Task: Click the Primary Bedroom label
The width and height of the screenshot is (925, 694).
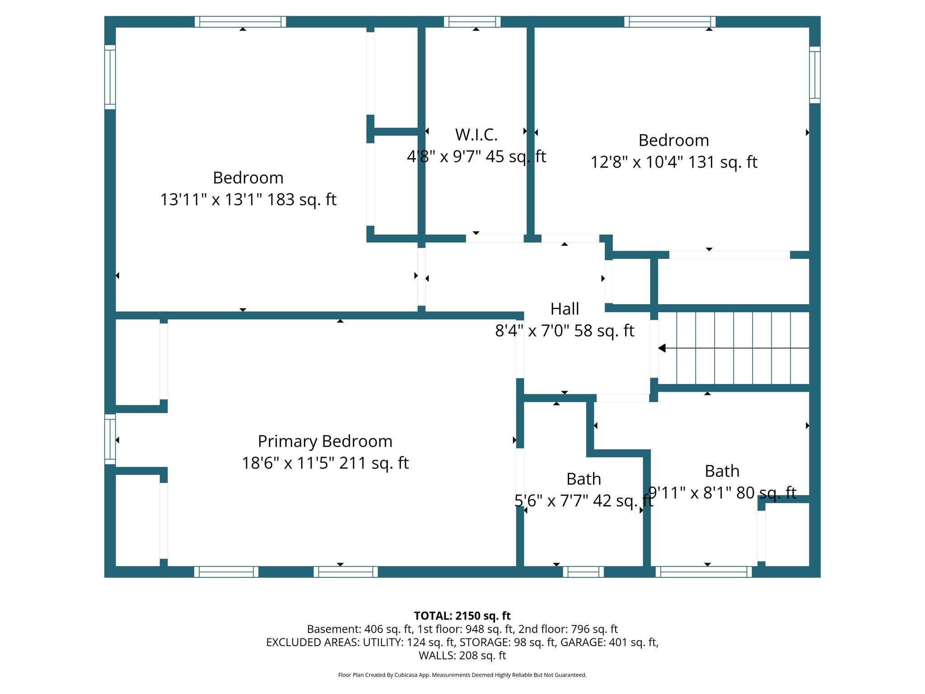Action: tap(325, 441)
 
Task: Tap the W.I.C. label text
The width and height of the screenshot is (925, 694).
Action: tap(476, 135)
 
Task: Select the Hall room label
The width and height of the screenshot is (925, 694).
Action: tap(565, 309)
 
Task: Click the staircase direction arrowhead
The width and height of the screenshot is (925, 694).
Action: tap(662, 348)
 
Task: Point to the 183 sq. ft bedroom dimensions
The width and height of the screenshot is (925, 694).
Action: tap(248, 199)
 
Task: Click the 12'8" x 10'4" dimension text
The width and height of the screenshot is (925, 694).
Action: tap(673, 162)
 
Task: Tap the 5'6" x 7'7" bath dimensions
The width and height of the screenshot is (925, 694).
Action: tap(583, 501)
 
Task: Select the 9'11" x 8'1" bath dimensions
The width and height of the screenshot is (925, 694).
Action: tap(722, 492)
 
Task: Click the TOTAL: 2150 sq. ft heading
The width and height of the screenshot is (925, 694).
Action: tap(462, 616)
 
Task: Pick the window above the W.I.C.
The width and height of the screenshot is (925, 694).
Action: tap(472, 22)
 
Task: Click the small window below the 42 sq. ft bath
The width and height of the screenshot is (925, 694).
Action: tap(583, 572)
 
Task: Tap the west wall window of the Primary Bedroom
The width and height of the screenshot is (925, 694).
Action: tap(110, 439)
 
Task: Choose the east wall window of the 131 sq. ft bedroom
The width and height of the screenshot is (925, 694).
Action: tap(814, 75)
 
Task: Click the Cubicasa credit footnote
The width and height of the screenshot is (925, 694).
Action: tap(462, 675)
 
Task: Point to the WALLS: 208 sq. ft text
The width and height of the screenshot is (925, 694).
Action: tap(462, 656)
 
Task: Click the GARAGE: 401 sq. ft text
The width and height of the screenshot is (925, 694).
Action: tap(609, 642)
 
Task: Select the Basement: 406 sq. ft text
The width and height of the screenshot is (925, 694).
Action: tap(360, 629)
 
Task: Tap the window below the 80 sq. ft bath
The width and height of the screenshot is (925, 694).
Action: tap(704, 572)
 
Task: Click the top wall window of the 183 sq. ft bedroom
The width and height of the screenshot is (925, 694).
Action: tap(240, 22)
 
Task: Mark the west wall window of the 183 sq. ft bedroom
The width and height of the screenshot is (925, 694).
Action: tap(110, 77)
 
